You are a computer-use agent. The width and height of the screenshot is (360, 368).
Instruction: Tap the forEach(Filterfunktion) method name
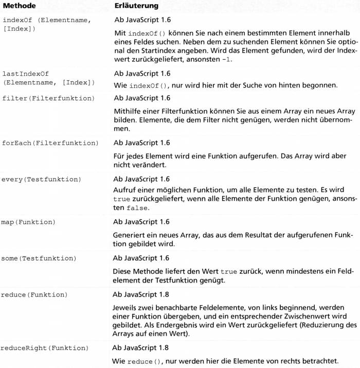click(x=50, y=143)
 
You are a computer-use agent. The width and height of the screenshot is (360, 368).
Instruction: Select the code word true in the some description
click(x=227, y=271)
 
